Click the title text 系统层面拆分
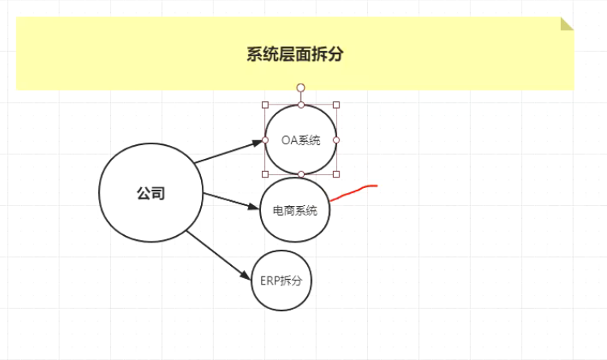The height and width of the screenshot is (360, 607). point(294,54)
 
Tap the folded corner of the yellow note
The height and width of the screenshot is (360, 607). point(566,24)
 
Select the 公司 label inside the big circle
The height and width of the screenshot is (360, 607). point(150,193)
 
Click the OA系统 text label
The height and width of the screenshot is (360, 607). point(301,140)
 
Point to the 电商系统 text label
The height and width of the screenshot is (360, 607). point(295,210)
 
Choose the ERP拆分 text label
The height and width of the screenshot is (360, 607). point(280,281)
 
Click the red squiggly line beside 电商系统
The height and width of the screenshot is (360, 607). point(353,191)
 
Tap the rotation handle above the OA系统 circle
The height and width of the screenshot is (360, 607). point(301,87)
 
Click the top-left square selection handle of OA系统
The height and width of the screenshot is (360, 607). point(265,105)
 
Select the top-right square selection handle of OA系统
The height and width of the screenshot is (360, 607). point(336,105)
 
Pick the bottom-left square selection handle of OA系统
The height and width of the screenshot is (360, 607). point(265,174)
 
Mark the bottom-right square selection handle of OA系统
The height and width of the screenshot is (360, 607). point(336,174)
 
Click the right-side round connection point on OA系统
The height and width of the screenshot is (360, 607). point(336,139)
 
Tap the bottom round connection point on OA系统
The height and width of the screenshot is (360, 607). point(301,174)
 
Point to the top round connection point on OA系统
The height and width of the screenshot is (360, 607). point(301,105)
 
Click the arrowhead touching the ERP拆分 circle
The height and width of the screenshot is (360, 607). point(247,276)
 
